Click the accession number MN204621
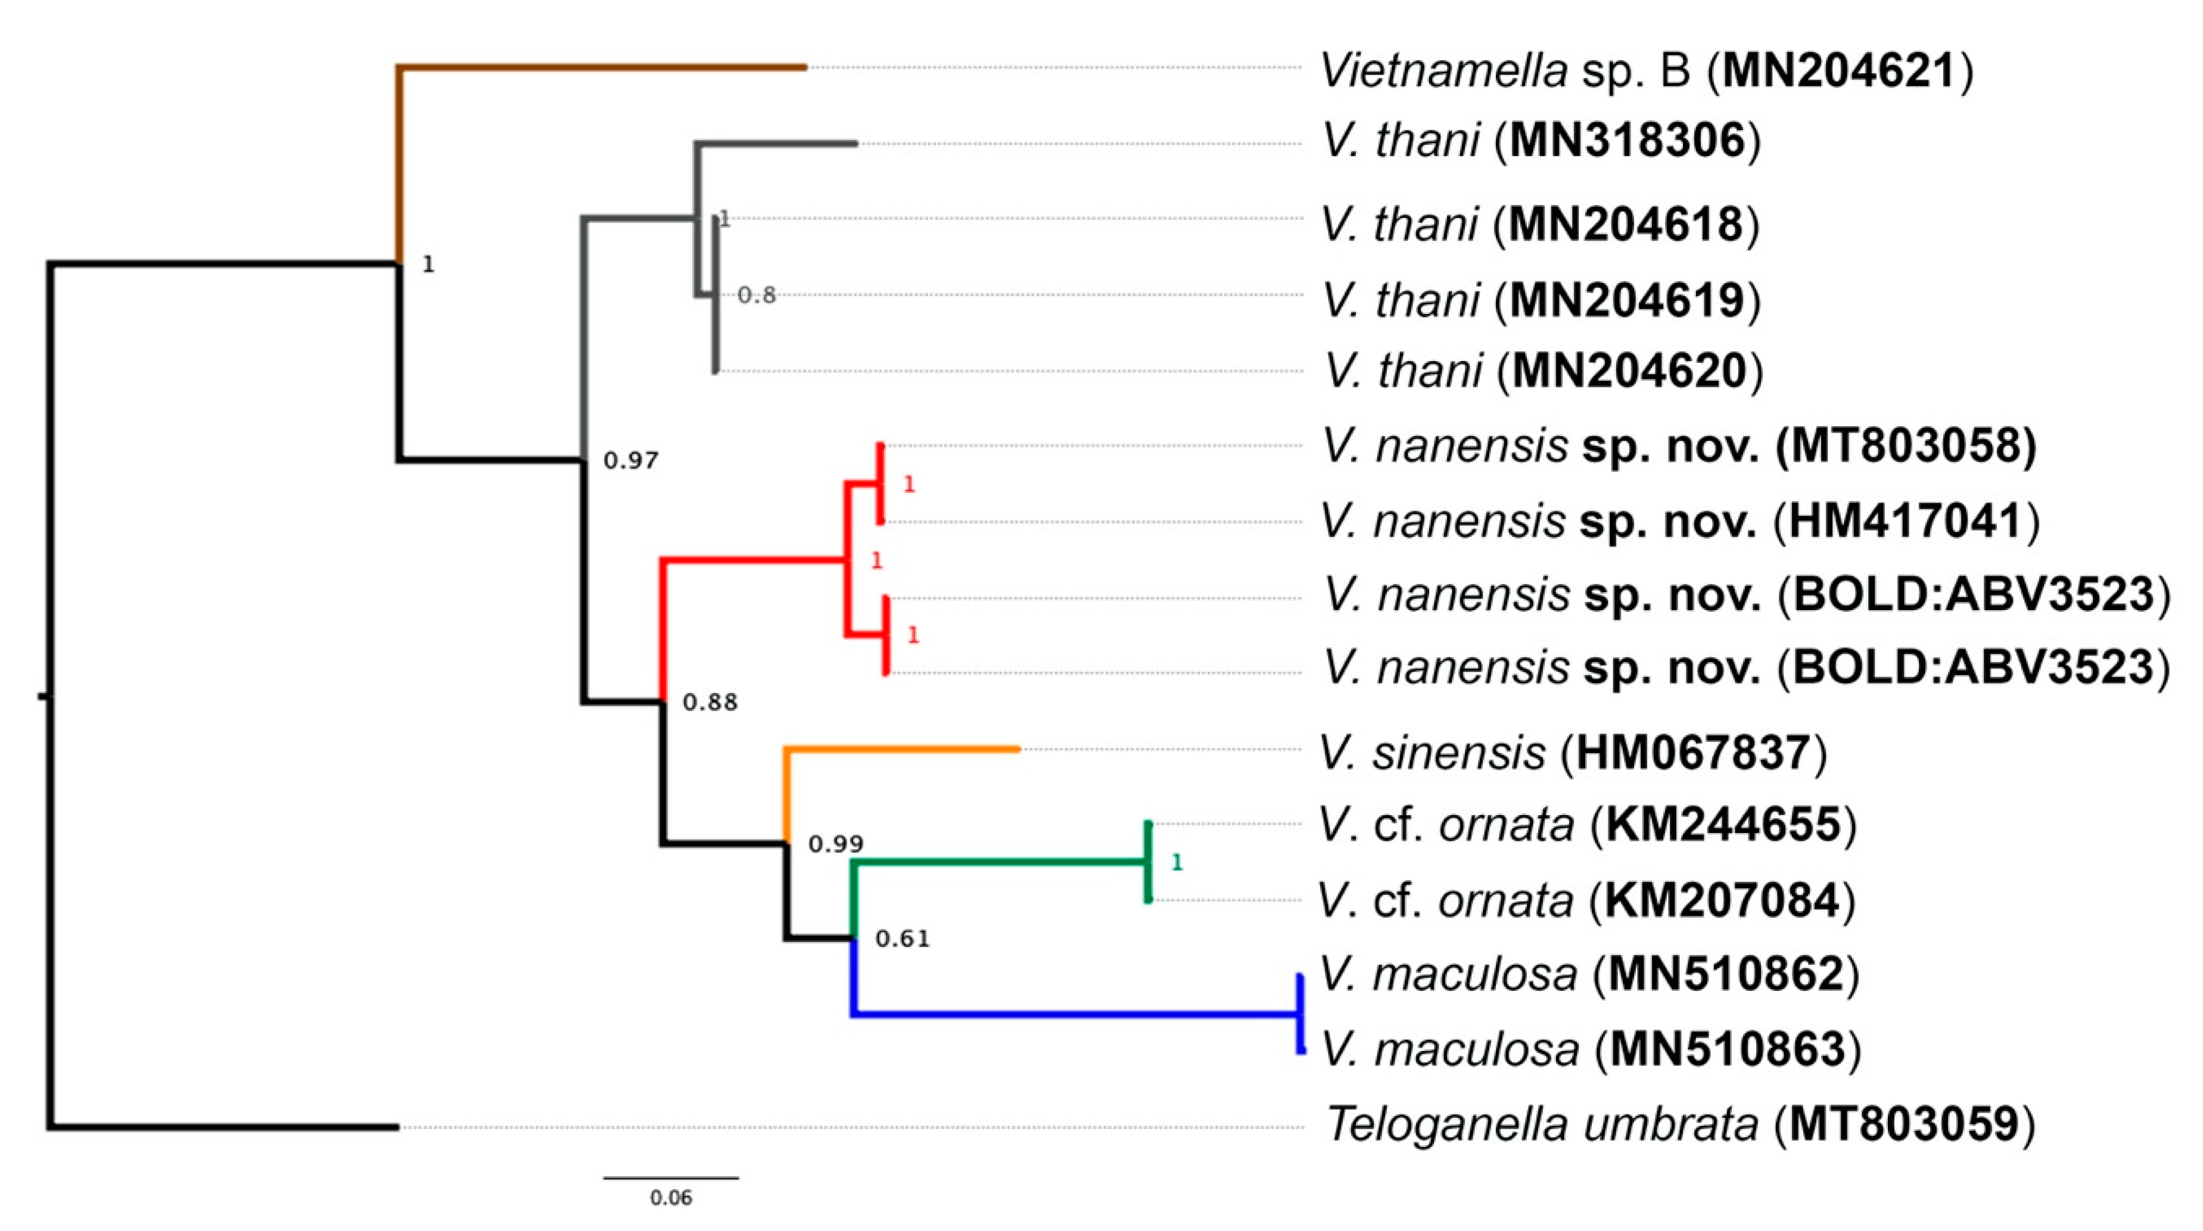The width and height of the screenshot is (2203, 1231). (1838, 70)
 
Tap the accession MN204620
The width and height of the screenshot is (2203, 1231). (1629, 371)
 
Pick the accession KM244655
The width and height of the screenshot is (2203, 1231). (1723, 825)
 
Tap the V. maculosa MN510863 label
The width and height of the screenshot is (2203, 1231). (1591, 1050)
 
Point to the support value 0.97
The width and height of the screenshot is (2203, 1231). (630, 461)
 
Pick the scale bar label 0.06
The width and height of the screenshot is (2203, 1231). (670, 1198)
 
